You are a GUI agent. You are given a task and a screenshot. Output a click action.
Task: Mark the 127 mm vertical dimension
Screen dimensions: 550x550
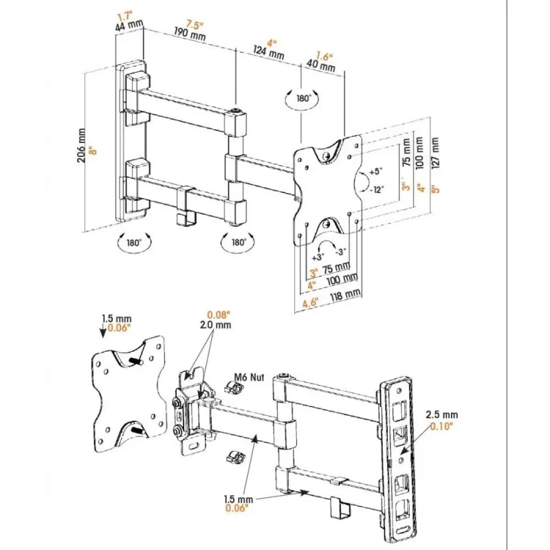434,147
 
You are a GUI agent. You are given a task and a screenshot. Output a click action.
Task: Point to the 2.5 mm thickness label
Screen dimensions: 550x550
442,415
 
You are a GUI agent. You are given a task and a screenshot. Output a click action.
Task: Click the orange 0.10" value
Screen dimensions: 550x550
441,426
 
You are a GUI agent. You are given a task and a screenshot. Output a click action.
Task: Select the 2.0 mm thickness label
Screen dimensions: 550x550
216,324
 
